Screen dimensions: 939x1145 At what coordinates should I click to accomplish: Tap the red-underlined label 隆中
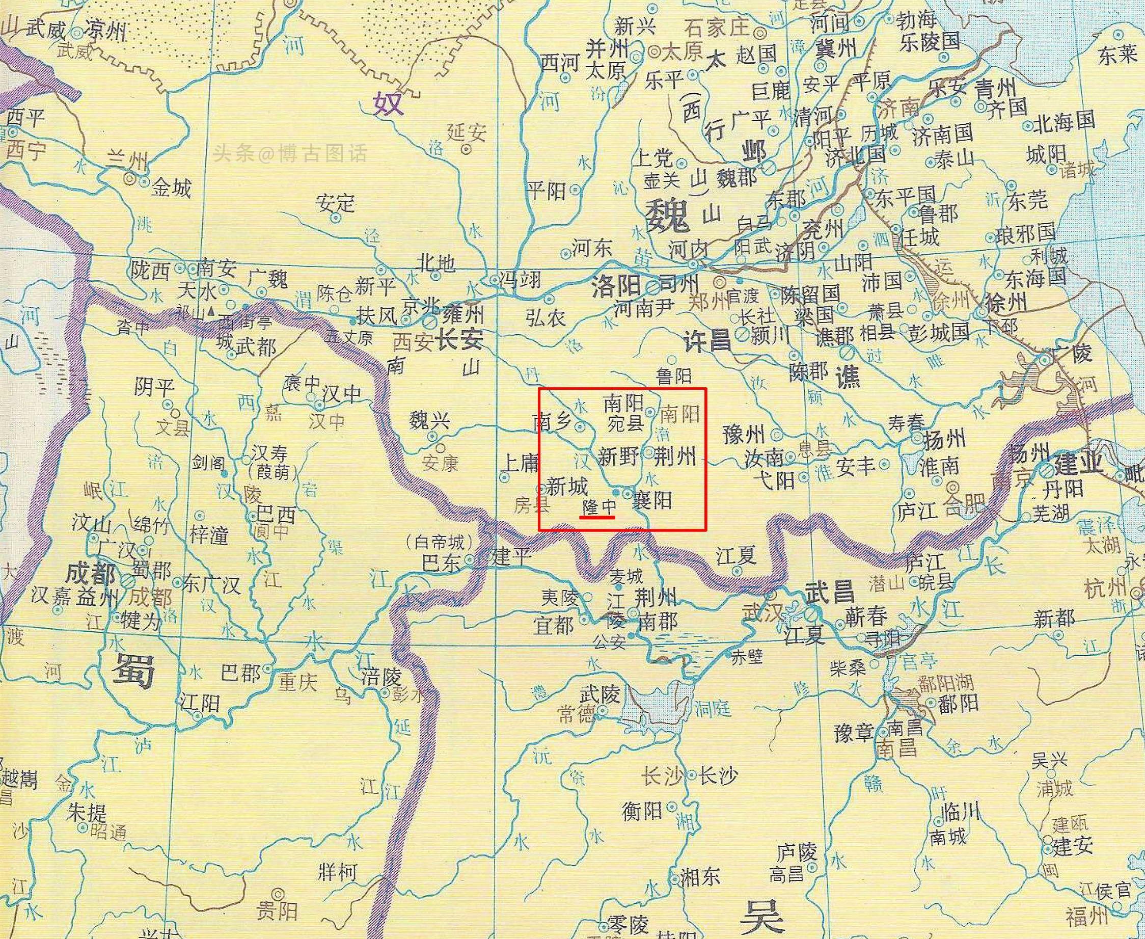click(x=598, y=507)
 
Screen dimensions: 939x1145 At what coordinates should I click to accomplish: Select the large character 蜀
click(x=133, y=670)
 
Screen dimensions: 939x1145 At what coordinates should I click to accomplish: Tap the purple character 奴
click(x=388, y=103)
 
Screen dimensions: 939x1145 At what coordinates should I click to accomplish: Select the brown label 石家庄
click(x=717, y=27)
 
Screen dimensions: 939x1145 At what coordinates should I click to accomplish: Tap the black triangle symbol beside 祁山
click(x=211, y=312)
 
